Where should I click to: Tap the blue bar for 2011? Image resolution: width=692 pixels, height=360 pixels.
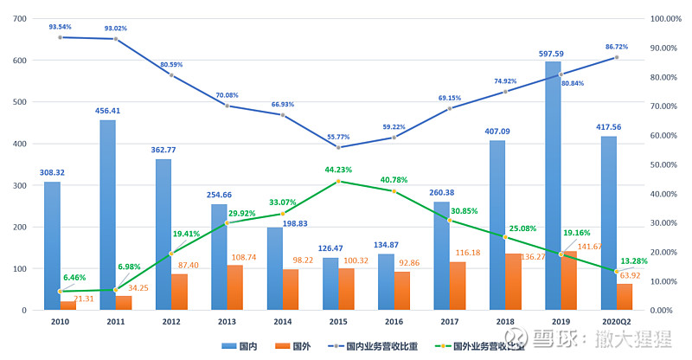tap(107, 215)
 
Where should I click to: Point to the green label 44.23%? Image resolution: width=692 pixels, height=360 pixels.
tap(338, 170)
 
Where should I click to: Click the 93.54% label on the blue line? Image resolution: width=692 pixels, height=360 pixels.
tap(61, 27)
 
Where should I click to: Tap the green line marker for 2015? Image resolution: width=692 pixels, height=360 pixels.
tap(338, 182)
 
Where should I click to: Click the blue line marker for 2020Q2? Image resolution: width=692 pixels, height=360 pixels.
tap(617, 57)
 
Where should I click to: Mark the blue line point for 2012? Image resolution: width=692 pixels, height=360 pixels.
tap(171, 75)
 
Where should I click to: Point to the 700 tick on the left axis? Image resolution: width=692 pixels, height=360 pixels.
tap(19, 19)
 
